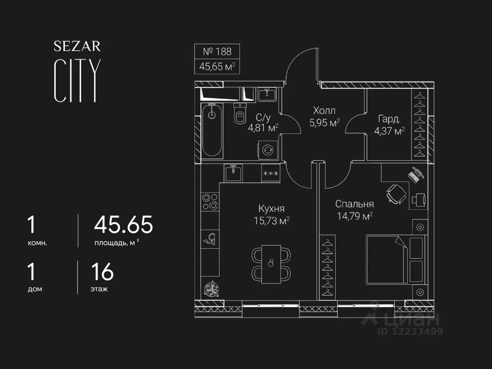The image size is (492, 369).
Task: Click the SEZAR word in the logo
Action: (77, 46)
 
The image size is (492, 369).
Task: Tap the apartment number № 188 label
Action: (217, 52)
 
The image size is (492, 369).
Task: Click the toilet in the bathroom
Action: (240, 113)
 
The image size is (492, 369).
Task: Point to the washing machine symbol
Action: (268, 150)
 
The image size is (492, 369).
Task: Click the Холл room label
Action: (324, 111)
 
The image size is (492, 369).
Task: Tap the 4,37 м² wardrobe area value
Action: (389, 131)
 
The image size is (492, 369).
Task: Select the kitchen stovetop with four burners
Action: (210, 201)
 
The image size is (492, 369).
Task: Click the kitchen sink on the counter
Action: (233, 173)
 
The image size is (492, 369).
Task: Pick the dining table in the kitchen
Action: (271, 264)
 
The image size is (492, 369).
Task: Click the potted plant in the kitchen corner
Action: (211, 289)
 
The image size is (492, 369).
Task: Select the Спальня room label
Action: (354, 204)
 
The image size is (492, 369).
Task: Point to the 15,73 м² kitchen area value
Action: (271, 221)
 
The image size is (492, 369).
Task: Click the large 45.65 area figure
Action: (123, 224)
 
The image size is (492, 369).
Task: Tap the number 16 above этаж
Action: (102, 272)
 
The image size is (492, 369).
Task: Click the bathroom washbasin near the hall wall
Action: (267, 95)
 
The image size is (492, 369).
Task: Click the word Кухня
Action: (271, 209)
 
